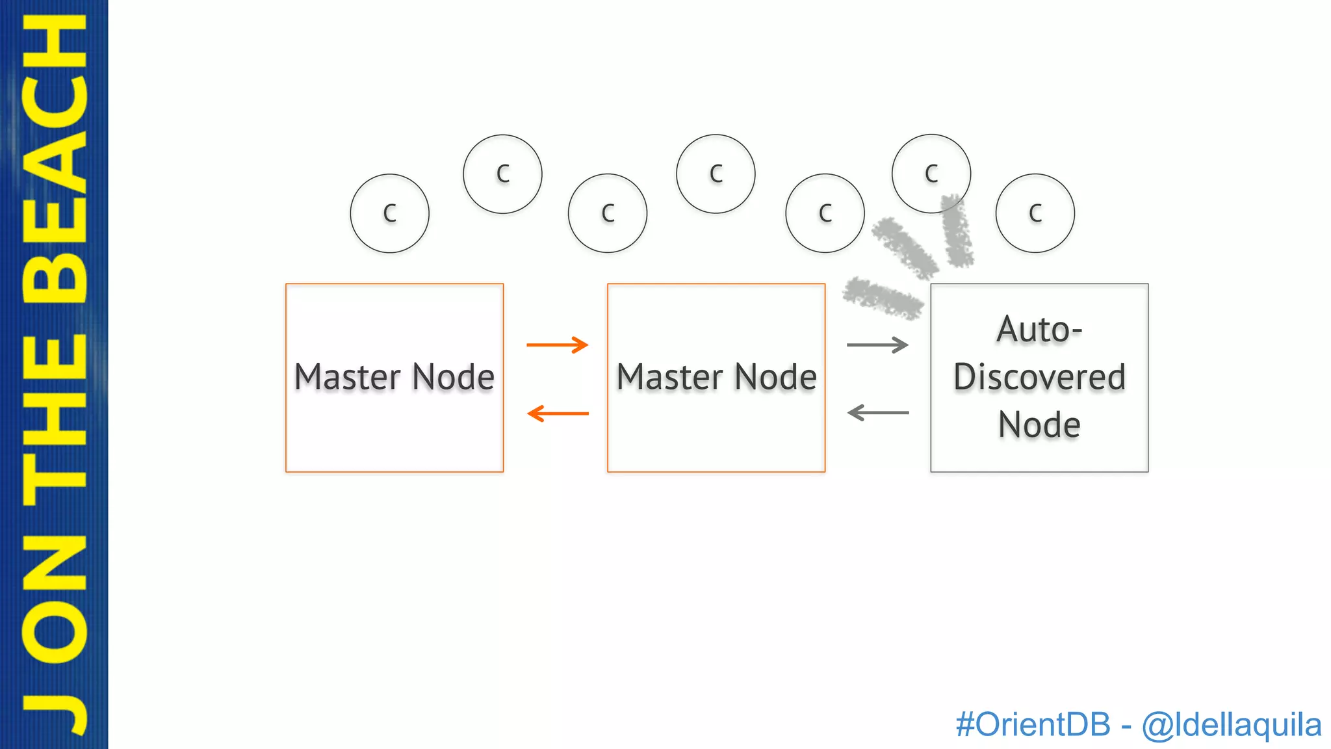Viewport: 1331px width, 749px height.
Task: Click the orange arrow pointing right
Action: (557, 345)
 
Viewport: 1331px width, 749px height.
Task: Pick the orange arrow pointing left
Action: (558, 413)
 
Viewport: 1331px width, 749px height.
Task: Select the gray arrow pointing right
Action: (877, 345)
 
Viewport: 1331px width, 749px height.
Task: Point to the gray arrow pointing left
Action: (878, 412)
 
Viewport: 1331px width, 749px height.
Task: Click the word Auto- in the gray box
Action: (1039, 330)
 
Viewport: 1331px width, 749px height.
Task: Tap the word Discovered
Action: (1039, 377)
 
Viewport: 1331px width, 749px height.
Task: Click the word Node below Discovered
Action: (1039, 425)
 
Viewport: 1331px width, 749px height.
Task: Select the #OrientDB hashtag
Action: (1033, 724)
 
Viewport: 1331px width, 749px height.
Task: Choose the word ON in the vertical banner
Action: (55, 598)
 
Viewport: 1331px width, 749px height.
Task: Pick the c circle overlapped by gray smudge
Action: (931, 174)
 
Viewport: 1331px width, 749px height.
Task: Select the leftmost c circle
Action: (389, 213)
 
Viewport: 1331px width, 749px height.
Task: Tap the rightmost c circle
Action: (1035, 213)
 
